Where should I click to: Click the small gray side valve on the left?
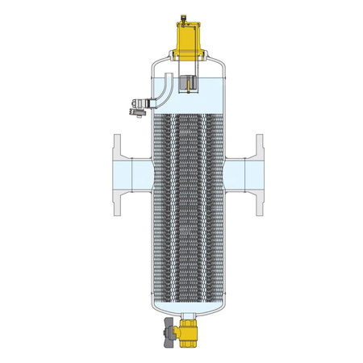click(x=139, y=103)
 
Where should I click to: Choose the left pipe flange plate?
click(x=117, y=174)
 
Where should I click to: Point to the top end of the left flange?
click(x=117, y=137)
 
